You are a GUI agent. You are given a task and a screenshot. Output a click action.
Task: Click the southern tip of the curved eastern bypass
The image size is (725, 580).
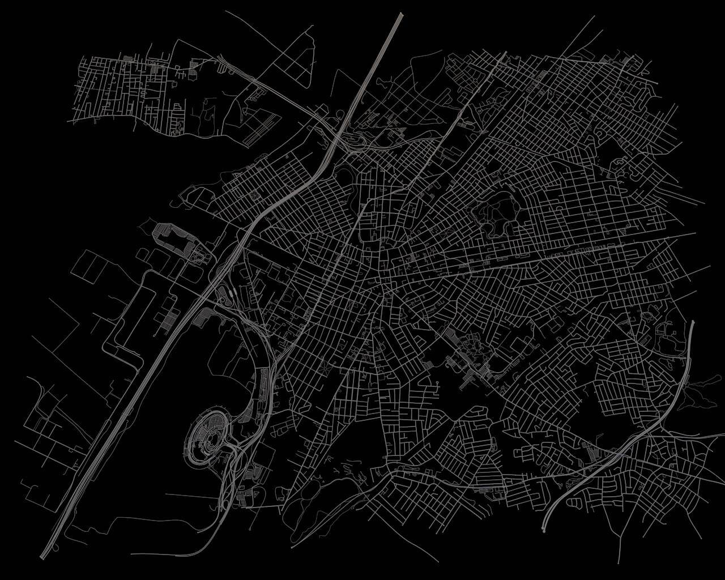[x=544, y=530]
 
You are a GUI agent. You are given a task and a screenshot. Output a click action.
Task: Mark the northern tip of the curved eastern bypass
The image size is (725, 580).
[x=693, y=322]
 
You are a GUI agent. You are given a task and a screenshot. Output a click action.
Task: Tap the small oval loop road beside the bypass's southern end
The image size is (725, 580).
[x=573, y=502]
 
